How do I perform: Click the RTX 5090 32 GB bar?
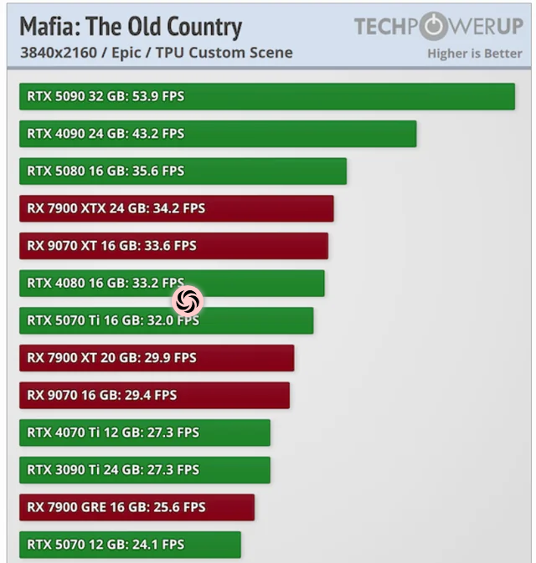[266, 96]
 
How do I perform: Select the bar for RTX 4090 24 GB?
[218, 134]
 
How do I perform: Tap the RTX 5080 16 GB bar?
[183, 171]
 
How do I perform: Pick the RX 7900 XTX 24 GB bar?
[176, 208]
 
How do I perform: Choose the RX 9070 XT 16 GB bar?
[173, 246]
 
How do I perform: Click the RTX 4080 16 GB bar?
[171, 283]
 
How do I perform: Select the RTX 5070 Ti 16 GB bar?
[166, 320]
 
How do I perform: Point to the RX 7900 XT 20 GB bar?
[157, 358]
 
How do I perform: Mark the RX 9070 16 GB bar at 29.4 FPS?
[154, 395]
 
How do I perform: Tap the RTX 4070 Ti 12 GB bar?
[144, 432]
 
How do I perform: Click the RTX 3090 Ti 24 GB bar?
[144, 470]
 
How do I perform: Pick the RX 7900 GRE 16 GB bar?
[137, 507]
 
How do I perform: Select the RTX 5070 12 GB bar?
[130, 545]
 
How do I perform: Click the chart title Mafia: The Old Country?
[131, 28]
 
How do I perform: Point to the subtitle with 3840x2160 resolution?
[156, 54]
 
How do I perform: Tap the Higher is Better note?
[475, 54]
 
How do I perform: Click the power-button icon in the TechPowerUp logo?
[432, 27]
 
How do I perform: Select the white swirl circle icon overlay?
[188, 300]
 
